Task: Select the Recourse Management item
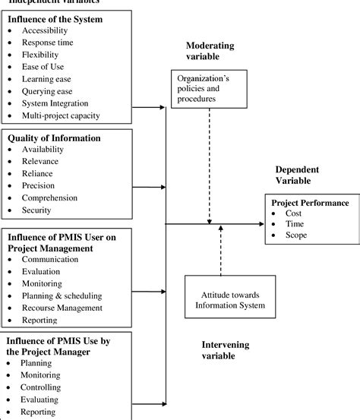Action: [62, 308]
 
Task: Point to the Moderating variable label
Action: [210, 51]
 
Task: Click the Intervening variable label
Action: [226, 350]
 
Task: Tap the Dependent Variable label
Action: [298, 175]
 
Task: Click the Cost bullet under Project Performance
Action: [292, 215]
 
